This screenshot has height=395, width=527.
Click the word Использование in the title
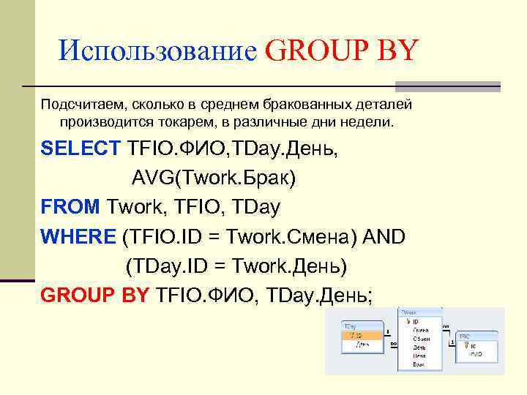click(157, 51)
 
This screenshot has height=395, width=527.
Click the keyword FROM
click(70, 207)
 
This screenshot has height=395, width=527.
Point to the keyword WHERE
click(78, 236)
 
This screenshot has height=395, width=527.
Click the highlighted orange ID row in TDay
click(362, 335)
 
